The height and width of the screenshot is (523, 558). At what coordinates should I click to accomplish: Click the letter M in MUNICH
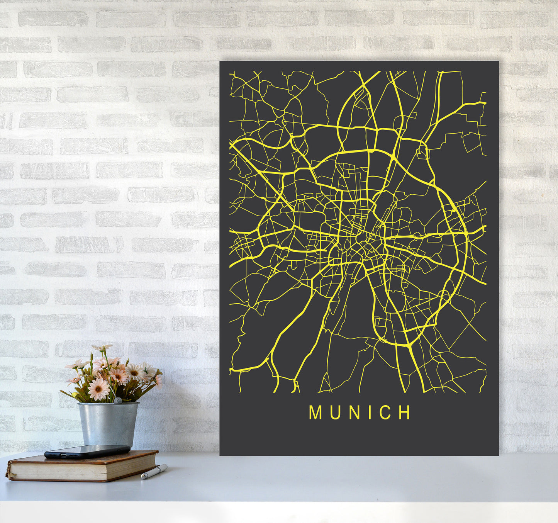point(315,413)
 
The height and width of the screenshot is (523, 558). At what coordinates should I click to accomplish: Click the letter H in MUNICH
point(405,413)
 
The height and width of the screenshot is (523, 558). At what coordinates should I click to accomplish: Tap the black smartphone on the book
point(87,451)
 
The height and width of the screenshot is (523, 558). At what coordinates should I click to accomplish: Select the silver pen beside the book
point(154,472)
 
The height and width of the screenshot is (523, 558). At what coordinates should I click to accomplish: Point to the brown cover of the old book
point(97,458)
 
